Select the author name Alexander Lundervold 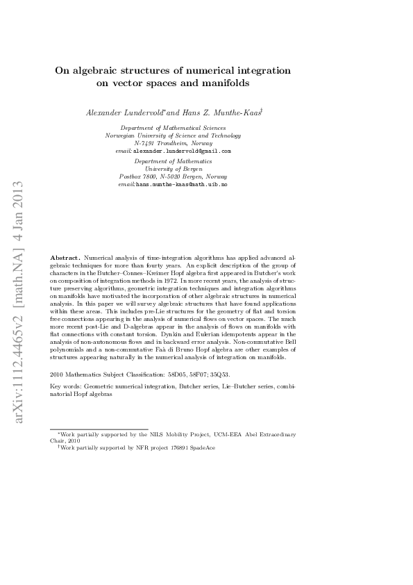125,112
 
